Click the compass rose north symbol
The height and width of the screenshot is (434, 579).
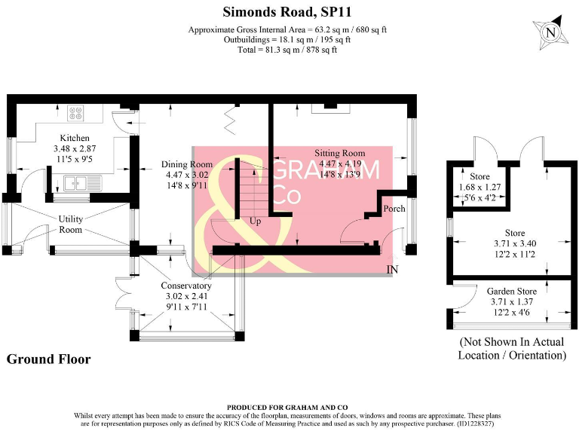(x=550, y=33)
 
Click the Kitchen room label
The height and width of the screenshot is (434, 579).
(x=75, y=139)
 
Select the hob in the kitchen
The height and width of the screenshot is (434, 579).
(x=77, y=114)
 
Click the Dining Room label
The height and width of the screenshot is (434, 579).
(x=187, y=164)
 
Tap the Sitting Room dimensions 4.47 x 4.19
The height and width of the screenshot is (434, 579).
(x=342, y=164)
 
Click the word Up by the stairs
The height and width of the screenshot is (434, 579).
(x=256, y=222)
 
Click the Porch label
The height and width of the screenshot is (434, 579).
(x=394, y=209)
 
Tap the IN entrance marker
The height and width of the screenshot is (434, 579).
(x=392, y=269)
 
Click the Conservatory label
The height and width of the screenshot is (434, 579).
(x=186, y=286)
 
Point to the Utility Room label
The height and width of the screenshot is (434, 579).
(x=70, y=224)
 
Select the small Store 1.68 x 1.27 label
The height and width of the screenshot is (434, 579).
(x=480, y=187)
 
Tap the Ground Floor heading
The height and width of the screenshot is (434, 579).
(x=48, y=359)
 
